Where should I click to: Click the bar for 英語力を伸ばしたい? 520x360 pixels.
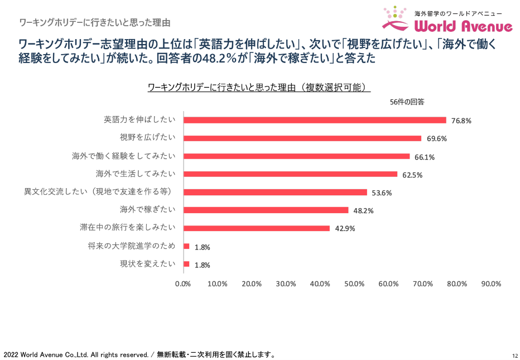coord(315,120)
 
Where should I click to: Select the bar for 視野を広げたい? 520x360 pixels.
coord(302,138)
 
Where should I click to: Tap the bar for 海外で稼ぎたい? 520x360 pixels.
coord(266,210)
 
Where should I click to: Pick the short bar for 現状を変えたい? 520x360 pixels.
coord(186,264)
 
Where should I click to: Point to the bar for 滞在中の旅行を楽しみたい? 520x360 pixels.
coord(257,228)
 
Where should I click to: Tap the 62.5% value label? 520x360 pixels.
coord(412,175)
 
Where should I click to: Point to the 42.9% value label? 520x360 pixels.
coord(345,229)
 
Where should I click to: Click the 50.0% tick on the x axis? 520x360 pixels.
coord(354,284)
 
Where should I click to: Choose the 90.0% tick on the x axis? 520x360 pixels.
coord(491,284)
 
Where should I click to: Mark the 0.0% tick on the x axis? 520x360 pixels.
coord(183,284)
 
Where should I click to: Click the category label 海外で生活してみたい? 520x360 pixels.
coord(136,174)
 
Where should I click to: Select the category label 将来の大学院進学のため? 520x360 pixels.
coord(132,246)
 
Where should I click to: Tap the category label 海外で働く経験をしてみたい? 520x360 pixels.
coord(124,156)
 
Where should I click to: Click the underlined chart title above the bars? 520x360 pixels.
coord(259,88)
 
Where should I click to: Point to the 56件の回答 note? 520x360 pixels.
coord(407,102)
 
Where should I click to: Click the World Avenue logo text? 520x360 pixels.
coord(464,26)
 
